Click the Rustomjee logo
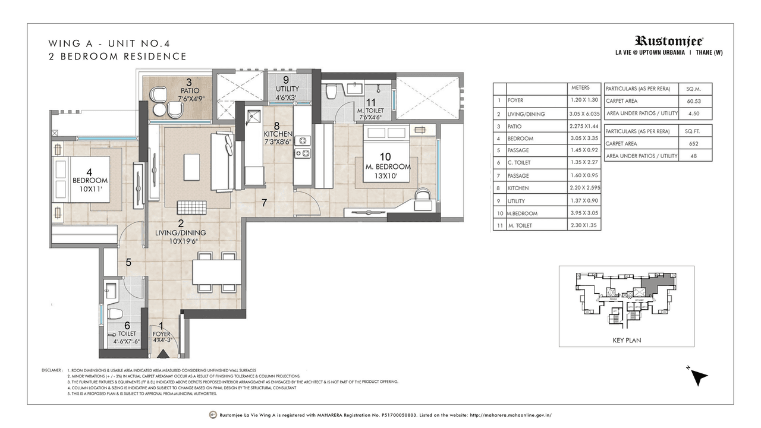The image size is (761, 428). (669, 41)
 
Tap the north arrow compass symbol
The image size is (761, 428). (700, 376)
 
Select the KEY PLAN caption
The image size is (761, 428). (626, 341)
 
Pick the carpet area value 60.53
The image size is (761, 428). (693, 101)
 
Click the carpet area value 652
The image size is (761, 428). (693, 143)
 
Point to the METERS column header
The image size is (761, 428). (580, 88)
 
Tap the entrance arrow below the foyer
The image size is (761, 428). (161, 355)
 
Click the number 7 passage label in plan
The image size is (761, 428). (264, 203)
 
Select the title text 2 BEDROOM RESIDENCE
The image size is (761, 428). (119, 56)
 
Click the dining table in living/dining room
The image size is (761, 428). (216, 272)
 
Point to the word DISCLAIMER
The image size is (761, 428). (52, 370)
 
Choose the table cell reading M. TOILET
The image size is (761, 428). (520, 226)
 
